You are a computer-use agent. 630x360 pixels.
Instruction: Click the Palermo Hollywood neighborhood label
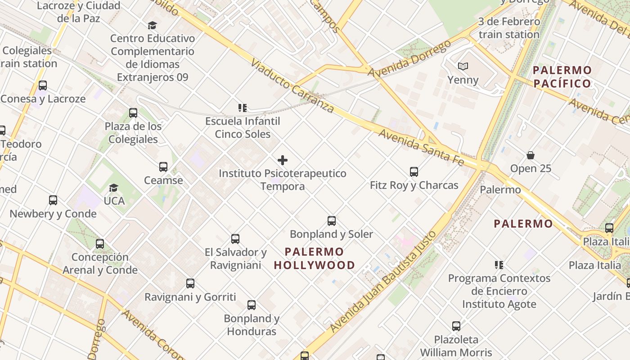pyautogui.click(x=315, y=258)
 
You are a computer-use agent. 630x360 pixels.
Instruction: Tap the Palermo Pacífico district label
pyautogui.click(x=562, y=77)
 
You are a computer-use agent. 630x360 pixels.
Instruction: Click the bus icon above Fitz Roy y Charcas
pyautogui.click(x=414, y=171)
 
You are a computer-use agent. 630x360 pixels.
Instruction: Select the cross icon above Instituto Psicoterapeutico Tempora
pyautogui.click(x=283, y=160)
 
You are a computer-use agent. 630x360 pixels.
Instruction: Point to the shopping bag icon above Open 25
pyautogui.click(x=531, y=155)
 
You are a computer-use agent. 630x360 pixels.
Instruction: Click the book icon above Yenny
pyautogui.click(x=463, y=67)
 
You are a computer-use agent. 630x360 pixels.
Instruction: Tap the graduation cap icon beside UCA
pyautogui.click(x=114, y=188)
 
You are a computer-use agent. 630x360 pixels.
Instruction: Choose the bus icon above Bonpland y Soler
pyautogui.click(x=332, y=220)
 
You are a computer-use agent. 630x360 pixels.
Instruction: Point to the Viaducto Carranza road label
pyautogui.click(x=292, y=85)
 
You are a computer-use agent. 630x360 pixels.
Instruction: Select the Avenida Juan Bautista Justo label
pyautogui.click(x=383, y=282)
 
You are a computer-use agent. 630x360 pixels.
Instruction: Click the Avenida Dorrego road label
pyautogui.click(x=409, y=59)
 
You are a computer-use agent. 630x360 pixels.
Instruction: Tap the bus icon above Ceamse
pyautogui.click(x=163, y=167)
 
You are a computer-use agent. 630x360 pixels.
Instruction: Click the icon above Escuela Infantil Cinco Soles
pyautogui.click(x=243, y=108)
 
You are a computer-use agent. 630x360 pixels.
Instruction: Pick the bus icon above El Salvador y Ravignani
pyautogui.click(x=235, y=238)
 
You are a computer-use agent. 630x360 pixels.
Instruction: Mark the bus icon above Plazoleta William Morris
pyautogui.click(x=456, y=326)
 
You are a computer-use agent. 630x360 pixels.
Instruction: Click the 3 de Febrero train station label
pyautogui.click(x=509, y=28)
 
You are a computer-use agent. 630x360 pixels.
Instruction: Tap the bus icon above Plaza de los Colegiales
pyautogui.click(x=133, y=112)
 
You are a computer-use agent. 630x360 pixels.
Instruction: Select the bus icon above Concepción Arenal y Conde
pyautogui.click(x=100, y=244)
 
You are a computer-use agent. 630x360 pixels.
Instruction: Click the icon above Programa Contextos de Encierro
pyautogui.click(x=499, y=265)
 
